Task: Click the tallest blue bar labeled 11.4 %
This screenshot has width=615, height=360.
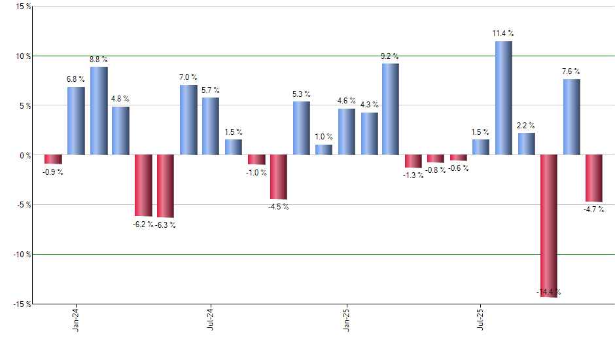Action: click(503, 98)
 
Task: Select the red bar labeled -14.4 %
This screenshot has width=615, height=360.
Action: click(548, 226)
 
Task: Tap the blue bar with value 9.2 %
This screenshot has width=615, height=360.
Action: click(391, 109)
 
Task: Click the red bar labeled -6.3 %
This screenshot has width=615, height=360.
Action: click(166, 186)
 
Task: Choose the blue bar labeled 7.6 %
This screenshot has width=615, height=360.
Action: click(571, 117)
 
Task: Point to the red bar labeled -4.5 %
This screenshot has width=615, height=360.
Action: click(278, 177)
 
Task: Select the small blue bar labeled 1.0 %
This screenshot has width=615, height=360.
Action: click(323, 150)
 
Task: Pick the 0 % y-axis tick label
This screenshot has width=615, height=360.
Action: click(25, 155)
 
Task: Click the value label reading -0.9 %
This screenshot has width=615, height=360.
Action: click(53, 172)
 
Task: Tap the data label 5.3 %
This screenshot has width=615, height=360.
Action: click(301, 94)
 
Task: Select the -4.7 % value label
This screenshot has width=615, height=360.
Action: click(593, 209)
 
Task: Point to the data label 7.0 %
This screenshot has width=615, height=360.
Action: click(188, 78)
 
